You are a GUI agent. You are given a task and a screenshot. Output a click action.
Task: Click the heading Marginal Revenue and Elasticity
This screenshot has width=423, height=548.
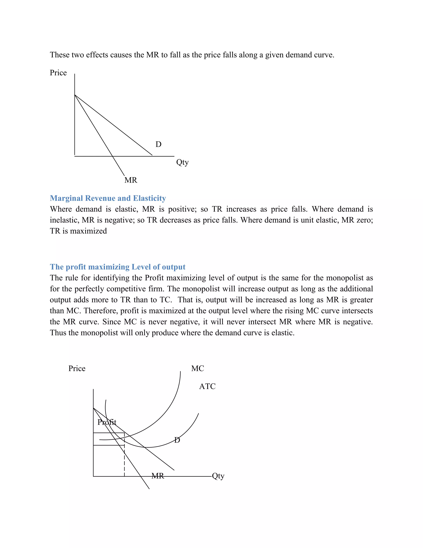[x=108, y=198]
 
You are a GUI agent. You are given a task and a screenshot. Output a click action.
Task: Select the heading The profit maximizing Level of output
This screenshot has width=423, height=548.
[x=118, y=267]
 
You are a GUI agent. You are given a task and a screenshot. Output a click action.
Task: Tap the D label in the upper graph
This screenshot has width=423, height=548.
[x=158, y=144]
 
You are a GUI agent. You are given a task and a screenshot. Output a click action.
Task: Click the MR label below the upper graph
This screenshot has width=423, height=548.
[x=131, y=180]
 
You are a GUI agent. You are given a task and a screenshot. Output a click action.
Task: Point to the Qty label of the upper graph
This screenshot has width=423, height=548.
[x=182, y=162]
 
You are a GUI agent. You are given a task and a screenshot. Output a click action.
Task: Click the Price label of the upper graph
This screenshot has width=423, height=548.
[x=58, y=73]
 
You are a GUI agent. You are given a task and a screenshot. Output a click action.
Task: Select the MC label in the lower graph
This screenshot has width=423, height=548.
[x=197, y=369]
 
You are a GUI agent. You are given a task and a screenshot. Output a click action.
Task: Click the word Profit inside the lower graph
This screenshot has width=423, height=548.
[x=107, y=422]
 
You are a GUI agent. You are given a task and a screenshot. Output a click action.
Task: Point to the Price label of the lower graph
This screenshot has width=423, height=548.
[x=77, y=369]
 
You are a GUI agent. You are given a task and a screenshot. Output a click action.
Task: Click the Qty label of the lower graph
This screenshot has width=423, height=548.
[x=218, y=476]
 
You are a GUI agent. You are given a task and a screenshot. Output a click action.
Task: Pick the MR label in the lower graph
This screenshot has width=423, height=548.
[x=158, y=476]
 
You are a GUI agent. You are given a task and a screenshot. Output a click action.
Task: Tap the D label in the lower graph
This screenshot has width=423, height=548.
[x=177, y=440]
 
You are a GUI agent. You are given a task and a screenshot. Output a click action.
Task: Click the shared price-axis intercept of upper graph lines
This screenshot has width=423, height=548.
[x=75, y=95]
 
